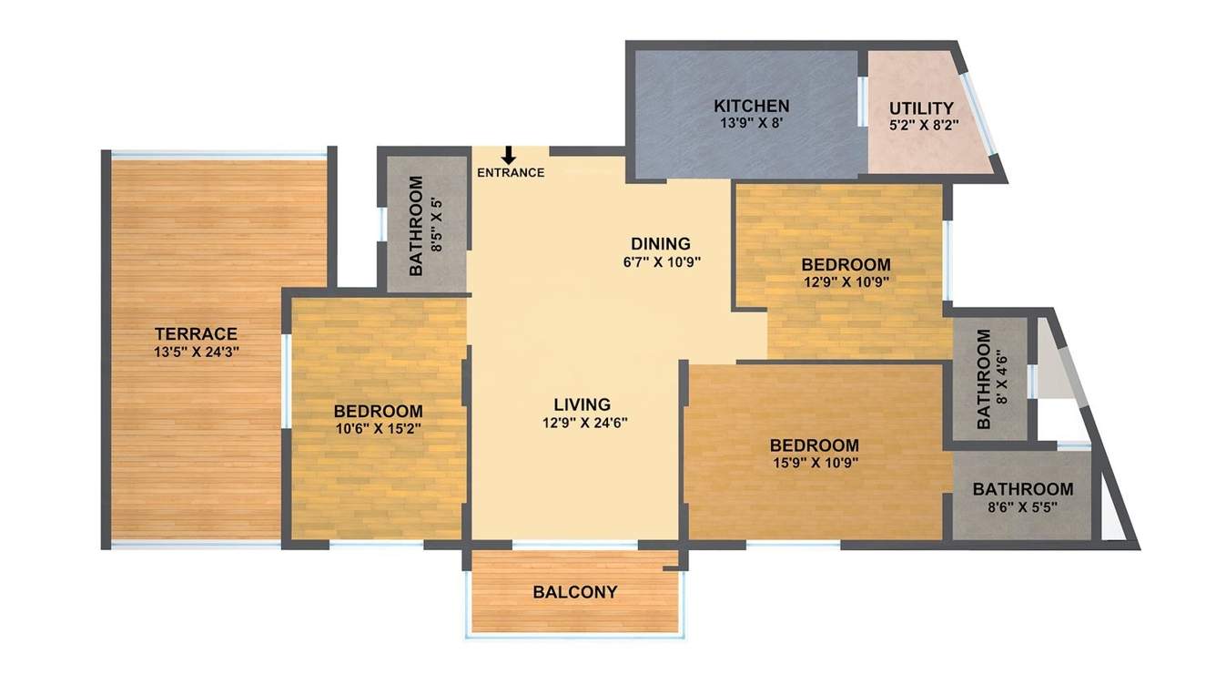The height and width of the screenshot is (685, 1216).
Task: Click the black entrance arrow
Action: tap(509, 156)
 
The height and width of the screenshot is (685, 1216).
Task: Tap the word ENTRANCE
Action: tap(511, 173)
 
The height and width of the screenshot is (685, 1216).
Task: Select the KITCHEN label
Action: tap(751, 106)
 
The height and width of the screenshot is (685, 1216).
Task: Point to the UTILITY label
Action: tap(921, 108)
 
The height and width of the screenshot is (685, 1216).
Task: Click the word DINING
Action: tap(661, 244)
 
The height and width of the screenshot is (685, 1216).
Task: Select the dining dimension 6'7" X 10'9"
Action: tap(661, 261)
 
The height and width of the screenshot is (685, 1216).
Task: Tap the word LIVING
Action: tap(583, 404)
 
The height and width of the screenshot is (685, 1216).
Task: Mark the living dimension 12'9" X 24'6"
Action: tap(583, 422)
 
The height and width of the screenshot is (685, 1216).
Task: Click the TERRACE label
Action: tap(196, 334)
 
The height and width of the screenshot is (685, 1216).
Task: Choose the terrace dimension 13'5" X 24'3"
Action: tap(196, 351)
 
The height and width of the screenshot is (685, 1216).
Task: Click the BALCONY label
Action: tap(575, 592)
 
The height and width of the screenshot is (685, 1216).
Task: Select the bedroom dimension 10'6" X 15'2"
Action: tap(378, 426)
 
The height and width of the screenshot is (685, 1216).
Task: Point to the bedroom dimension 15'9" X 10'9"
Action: tap(814, 462)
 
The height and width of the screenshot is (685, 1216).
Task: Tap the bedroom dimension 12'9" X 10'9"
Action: tap(846, 281)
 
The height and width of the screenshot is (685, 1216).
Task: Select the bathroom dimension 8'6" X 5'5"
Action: tap(1022, 506)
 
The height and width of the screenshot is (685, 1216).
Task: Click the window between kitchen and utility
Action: tap(862, 101)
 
